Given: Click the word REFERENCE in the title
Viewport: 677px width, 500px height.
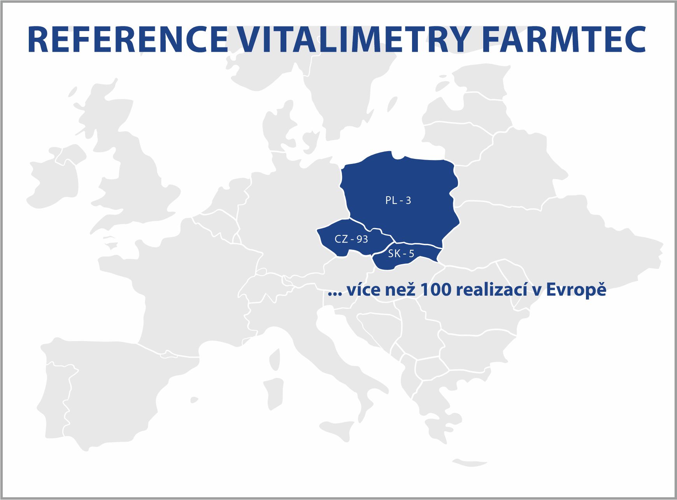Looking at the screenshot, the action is pyautogui.click(x=127, y=40).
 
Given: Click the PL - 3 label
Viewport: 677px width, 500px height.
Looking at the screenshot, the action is pyautogui.click(x=398, y=200).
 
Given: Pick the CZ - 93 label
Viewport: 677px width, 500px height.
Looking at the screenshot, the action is pyautogui.click(x=351, y=239).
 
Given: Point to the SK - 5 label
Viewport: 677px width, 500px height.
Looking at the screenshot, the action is pyautogui.click(x=401, y=254).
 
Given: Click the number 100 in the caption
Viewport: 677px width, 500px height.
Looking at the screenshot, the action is pyautogui.click(x=436, y=290).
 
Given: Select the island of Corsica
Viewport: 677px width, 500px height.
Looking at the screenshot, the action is pyautogui.click(x=275, y=359).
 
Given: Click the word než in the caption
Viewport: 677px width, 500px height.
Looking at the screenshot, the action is pyautogui.click(x=400, y=290).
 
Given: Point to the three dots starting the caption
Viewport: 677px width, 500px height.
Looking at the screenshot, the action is pyautogui.click(x=335, y=294).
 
